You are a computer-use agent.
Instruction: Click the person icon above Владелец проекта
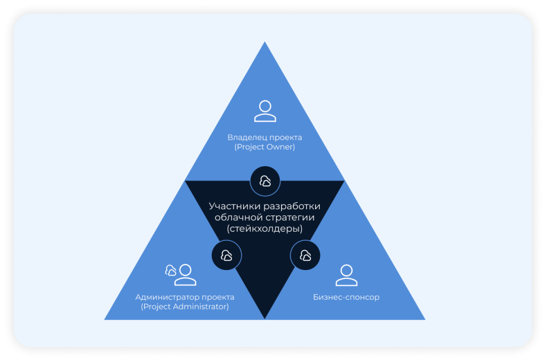[x=265, y=111]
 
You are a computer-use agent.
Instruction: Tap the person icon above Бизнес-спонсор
[x=346, y=275]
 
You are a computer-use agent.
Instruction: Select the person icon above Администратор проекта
[x=185, y=275]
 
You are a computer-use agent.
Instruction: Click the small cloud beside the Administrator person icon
[x=171, y=270]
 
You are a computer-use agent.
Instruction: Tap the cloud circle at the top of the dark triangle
[x=265, y=181]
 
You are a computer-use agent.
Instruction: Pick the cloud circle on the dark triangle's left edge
[x=227, y=255]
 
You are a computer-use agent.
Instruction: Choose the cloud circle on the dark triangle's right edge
[x=305, y=255]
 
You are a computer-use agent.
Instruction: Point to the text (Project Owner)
[x=265, y=147]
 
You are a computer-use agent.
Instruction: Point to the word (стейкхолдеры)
[x=265, y=229]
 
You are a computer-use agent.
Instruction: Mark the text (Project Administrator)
[x=185, y=307]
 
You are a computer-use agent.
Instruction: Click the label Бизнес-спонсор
[x=346, y=297]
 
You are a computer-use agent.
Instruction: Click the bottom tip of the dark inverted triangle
[x=265, y=317]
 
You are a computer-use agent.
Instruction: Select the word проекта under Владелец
[x=285, y=137]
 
